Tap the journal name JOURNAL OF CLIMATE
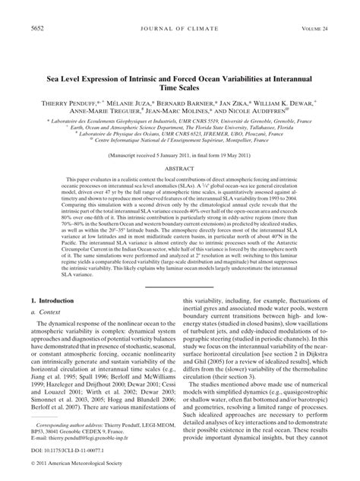[x=180, y=28]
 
